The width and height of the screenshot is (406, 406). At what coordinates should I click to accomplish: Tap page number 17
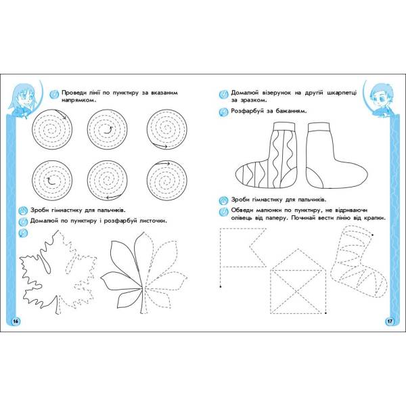coord(390,321)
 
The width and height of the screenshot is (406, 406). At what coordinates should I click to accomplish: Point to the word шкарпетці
coord(342,93)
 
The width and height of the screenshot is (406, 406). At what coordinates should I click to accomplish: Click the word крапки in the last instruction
coord(375,218)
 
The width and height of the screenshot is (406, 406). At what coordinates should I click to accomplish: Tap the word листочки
coord(153,221)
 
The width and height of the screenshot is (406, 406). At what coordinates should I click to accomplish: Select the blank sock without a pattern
coord(332,158)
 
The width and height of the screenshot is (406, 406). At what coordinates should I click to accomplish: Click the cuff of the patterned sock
coord(284,126)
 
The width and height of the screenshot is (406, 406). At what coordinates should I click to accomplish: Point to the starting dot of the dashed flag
coord(220,287)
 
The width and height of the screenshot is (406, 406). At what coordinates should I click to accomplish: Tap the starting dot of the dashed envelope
coord(325,313)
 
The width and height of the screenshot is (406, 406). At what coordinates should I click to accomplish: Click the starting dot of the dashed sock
coord(372,235)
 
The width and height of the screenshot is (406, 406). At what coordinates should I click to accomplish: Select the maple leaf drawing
coord(58,272)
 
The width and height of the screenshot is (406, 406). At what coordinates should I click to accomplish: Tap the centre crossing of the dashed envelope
coord(297,291)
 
